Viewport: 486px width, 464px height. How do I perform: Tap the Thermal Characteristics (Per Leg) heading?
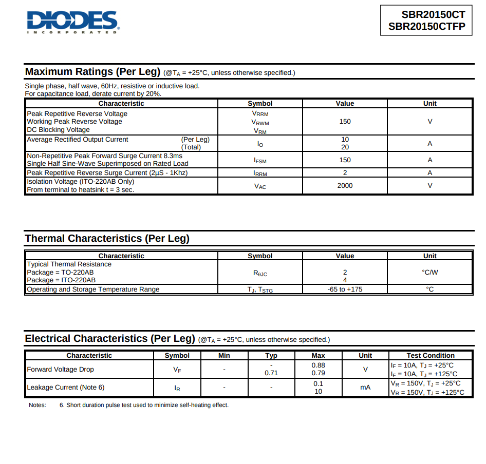[x=107, y=239]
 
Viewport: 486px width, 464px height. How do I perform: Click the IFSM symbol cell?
[x=260, y=160]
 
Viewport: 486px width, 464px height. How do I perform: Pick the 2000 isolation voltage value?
[x=345, y=186]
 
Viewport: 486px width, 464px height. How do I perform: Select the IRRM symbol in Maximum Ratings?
[x=260, y=173]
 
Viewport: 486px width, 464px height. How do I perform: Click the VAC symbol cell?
[x=260, y=186]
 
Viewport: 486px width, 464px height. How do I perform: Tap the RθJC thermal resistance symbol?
[x=260, y=273]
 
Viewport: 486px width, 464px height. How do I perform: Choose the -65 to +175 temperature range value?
[x=345, y=289]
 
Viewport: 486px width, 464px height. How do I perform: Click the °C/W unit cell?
[x=429, y=273]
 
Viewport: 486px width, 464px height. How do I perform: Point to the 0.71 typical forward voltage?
[x=271, y=373]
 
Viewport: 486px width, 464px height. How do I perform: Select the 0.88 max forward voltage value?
[x=318, y=365]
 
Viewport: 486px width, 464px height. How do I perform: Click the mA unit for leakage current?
[x=365, y=388]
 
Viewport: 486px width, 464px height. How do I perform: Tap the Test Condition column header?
[x=431, y=356]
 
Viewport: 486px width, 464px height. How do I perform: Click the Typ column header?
[x=271, y=356]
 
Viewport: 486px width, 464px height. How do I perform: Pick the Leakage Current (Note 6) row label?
[x=66, y=388]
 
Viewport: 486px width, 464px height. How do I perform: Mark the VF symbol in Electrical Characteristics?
[x=177, y=370]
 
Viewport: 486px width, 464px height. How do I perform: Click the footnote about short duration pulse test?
[x=144, y=405]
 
